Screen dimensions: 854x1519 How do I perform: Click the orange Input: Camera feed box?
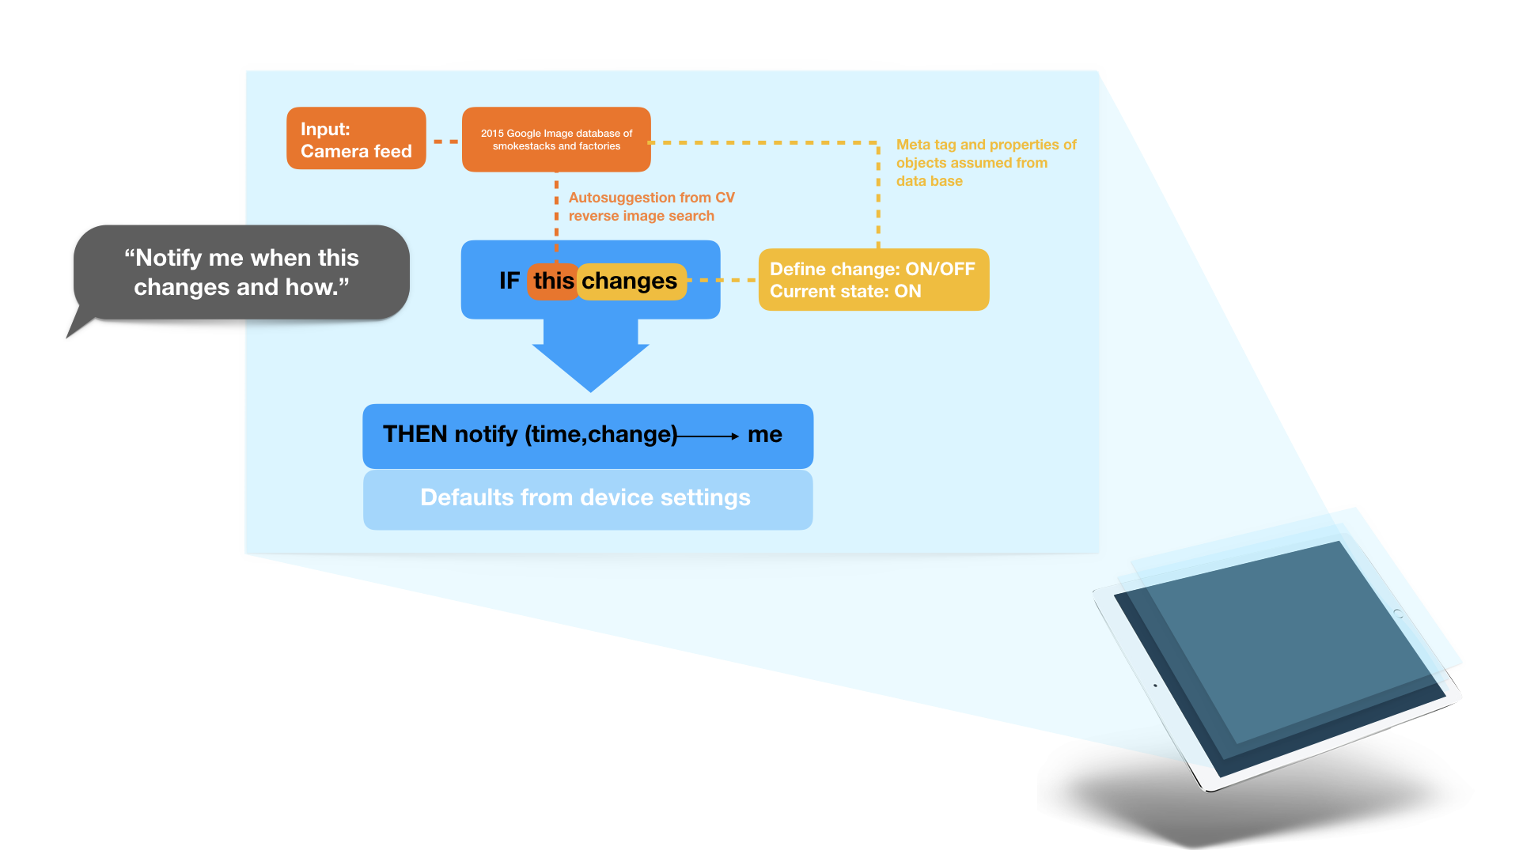[x=356, y=139]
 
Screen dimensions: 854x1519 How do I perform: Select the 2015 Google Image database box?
[x=556, y=140]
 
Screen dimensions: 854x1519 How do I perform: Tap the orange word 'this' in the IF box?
[x=553, y=281]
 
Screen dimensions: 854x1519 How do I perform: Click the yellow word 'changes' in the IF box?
[x=630, y=281]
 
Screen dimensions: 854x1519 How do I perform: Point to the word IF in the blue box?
[x=509, y=281]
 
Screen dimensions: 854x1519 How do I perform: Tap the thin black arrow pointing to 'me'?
[x=708, y=436]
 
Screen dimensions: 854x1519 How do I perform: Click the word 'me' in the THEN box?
[x=764, y=434]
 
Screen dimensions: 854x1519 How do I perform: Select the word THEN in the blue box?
[x=415, y=434]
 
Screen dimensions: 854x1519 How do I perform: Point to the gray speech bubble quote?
[x=241, y=272]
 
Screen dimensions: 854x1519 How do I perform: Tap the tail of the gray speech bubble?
[x=78, y=327]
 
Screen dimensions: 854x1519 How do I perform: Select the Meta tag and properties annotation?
[x=986, y=163]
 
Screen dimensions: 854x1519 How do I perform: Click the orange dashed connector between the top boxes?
[x=445, y=142]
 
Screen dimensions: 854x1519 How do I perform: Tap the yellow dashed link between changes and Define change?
[x=722, y=280]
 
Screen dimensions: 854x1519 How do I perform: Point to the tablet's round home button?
[x=1398, y=614]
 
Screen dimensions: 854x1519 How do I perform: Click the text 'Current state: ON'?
[x=845, y=292]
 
